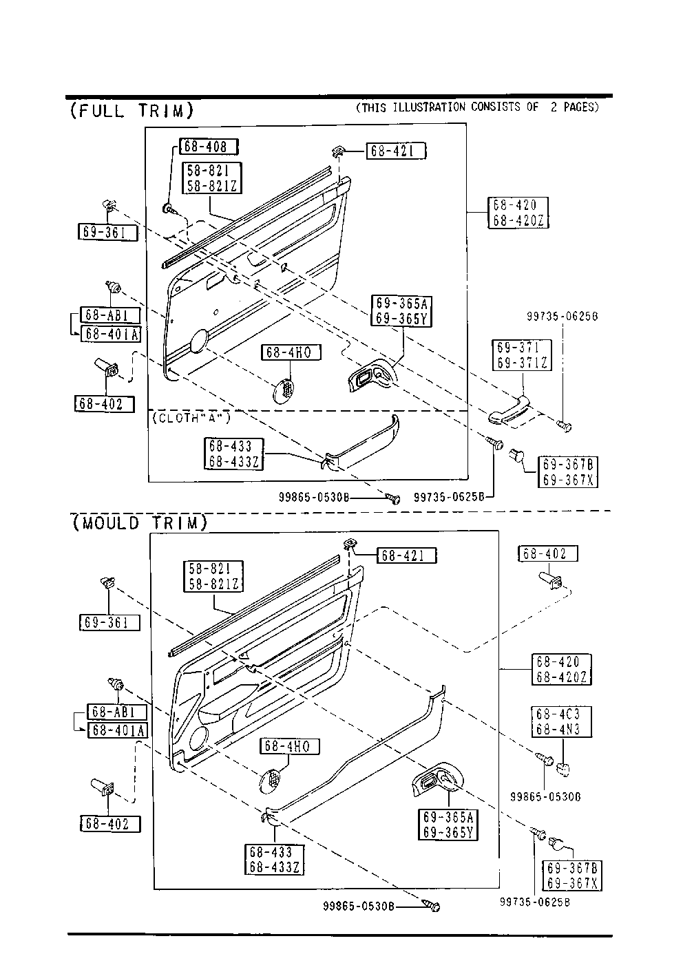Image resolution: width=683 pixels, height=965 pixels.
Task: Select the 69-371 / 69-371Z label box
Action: click(521, 355)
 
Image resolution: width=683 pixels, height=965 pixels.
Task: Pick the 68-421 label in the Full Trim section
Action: click(396, 151)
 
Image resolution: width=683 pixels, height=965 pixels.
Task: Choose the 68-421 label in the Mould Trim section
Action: click(406, 555)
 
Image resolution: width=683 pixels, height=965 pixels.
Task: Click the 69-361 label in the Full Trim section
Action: click(107, 233)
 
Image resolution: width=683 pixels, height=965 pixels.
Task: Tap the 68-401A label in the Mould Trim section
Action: click(116, 730)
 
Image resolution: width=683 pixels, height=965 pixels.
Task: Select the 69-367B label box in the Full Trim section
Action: click(567, 471)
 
